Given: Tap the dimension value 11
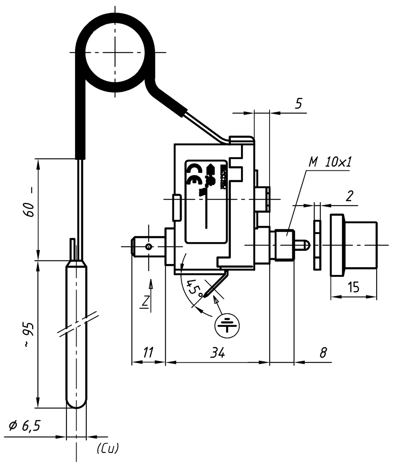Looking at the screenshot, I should (147, 353).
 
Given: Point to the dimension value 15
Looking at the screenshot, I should (354, 288).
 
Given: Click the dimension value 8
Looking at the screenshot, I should (323, 353).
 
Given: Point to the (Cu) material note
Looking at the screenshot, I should (107, 448).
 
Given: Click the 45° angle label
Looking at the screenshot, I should (194, 288).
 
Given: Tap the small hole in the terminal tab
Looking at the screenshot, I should (148, 246).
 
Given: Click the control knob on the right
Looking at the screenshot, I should (354, 245).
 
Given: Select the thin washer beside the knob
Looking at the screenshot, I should (316, 245).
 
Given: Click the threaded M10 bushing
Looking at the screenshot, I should (284, 245).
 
